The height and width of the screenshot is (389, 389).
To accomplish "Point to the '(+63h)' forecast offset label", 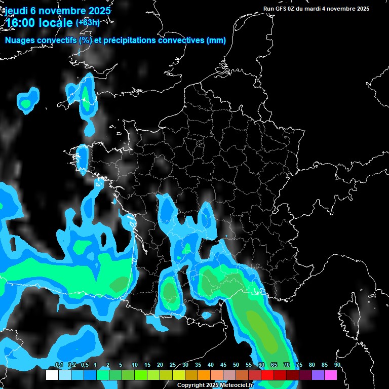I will coord(87,22).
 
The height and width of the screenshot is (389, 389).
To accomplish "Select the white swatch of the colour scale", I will coord(52,375).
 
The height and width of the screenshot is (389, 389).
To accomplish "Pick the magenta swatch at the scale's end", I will coord(331,375).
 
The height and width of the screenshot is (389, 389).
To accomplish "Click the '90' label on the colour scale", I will coord(337,365).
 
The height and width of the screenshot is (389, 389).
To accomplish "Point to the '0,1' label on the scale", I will coord(59,365).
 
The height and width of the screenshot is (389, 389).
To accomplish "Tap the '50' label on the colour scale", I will coord(236,365).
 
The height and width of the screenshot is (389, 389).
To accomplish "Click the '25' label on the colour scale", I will coord(173,365).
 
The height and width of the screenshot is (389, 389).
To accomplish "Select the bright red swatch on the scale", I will coord(267,375).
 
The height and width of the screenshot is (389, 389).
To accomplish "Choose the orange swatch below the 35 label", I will coord(204,375).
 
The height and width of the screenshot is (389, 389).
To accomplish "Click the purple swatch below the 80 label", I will coord(318,375).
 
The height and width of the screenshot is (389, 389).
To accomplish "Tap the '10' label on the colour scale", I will coord(135,365).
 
